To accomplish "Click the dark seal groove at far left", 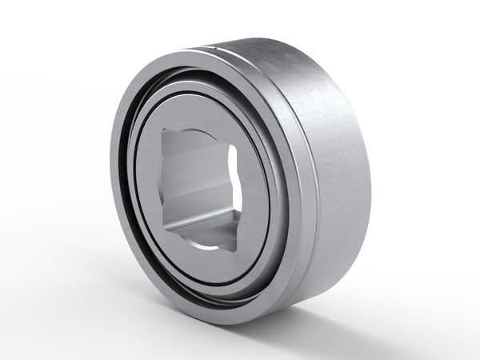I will tap(128, 184).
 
